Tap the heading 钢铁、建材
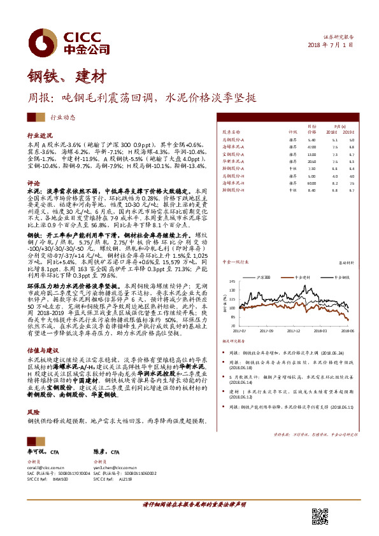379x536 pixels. pos(57,77)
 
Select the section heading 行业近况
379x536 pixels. pos(38,136)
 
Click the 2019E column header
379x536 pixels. pos(348,131)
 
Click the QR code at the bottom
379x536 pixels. pos(320,516)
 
